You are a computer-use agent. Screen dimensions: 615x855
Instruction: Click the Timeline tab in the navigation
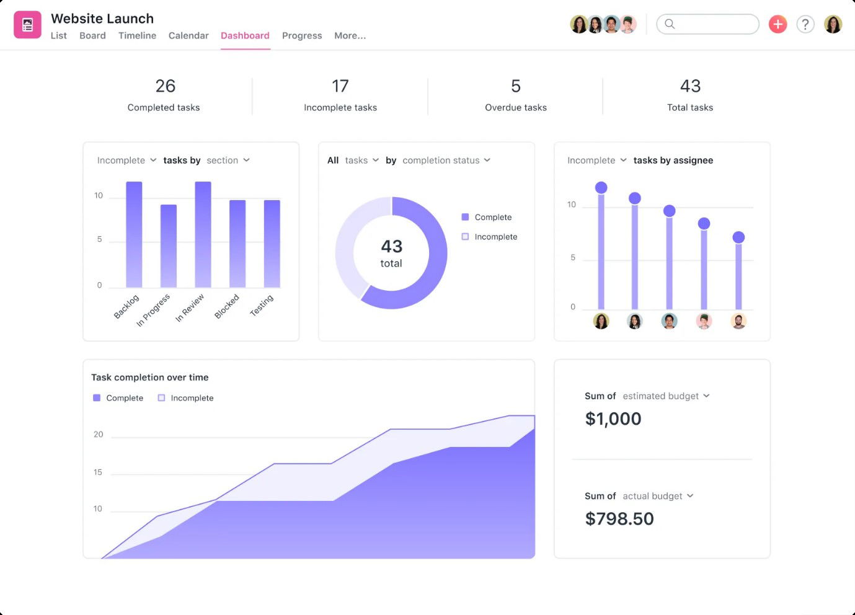[x=137, y=35]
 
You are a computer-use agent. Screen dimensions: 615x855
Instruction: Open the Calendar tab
[x=188, y=35]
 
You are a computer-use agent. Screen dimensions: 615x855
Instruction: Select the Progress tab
[x=302, y=35]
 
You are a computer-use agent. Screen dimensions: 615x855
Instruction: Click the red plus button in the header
[x=777, y=24]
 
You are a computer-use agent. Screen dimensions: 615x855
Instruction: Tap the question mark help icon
[x=805, y=24]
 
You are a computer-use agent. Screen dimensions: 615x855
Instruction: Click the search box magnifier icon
[x=670, y=24]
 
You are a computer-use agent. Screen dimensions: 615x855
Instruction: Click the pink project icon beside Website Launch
[x=27, y=25]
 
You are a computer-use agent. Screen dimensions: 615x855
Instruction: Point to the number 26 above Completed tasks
[x=166, y=86]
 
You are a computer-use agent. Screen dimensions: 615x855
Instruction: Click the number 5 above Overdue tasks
[x=516, y=86]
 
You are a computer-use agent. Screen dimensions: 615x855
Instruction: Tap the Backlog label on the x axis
[x=126, y=306]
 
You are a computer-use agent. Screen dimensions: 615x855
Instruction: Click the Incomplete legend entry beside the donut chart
[x=495, y=237]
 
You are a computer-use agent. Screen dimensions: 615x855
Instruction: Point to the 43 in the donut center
[x=391, y=246]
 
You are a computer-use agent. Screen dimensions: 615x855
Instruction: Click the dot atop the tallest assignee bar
[x=601, y=187]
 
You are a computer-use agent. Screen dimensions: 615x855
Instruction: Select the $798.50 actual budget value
[x=619, y=518]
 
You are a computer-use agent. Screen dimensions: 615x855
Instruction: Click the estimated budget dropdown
[x=666, y=396]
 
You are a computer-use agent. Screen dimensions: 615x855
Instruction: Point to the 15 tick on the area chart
[x=98, y=472]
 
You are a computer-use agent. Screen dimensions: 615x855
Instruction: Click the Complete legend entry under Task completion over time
[x=124, y=398]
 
